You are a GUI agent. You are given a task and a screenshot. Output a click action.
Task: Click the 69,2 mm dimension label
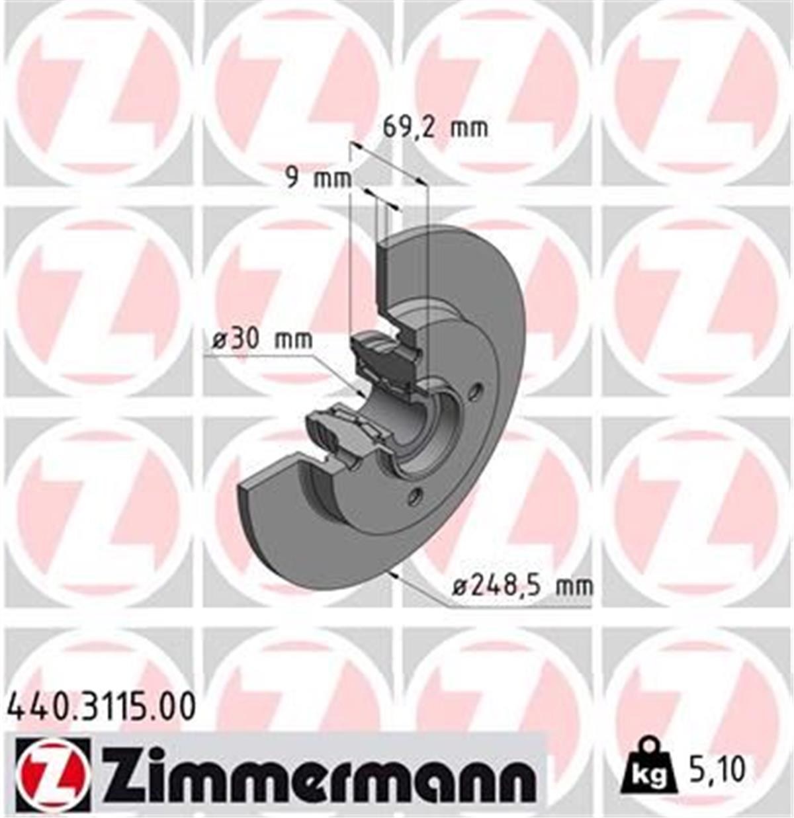click(435, 126)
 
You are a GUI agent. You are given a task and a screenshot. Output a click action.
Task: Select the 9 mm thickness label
click(318, 177)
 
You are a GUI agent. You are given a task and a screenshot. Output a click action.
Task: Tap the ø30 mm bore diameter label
click(262, 340)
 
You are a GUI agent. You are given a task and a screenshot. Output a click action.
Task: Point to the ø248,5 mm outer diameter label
click(523, 585)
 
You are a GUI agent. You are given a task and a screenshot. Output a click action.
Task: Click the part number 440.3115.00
click(101, 706)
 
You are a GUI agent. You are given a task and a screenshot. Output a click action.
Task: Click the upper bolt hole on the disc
click(473, 393)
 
